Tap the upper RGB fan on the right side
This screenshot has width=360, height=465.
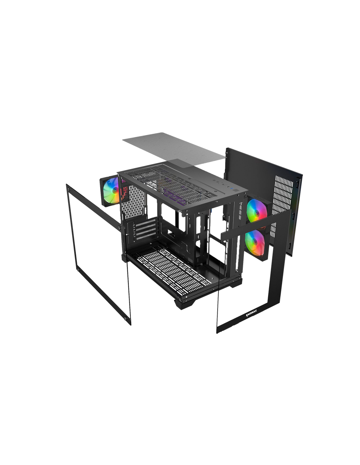256,211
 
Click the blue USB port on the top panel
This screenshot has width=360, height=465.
231,188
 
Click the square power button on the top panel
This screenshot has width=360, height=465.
236,190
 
